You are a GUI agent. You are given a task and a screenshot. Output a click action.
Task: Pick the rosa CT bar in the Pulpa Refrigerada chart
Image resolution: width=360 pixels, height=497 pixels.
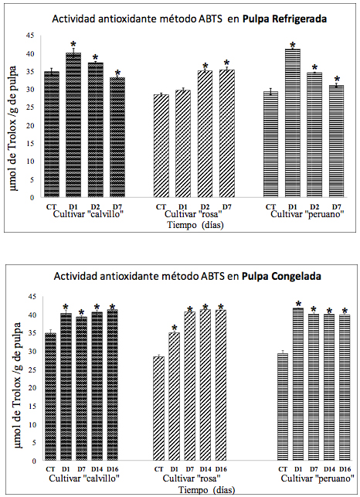pos(161,146)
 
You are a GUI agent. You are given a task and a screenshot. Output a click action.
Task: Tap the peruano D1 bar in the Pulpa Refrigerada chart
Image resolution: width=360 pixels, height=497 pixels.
pos(292,124)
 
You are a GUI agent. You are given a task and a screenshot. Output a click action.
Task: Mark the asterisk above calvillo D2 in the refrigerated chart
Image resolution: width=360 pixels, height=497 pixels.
pos(95,58)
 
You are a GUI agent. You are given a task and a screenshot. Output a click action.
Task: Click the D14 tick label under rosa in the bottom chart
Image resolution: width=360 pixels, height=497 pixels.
pos(205,469)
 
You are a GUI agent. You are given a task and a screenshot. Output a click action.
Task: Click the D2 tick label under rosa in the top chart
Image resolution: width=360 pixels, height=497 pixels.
pos(205,206)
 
